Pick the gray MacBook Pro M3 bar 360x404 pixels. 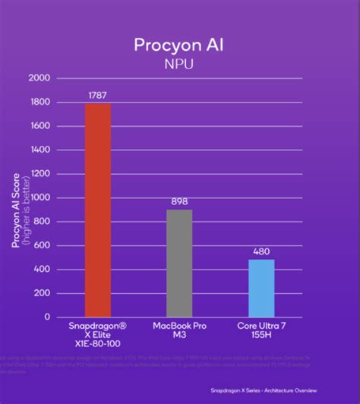(179, 263)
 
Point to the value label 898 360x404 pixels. (179, 202)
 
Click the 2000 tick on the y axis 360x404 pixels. (39, 78)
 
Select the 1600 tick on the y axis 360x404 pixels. (39, 126)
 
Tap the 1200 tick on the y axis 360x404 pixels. (39, 174)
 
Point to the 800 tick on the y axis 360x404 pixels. (42, 221)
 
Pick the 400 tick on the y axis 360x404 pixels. (42, 269)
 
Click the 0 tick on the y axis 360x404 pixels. (47, 317)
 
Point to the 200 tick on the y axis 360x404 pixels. (42, 292)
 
